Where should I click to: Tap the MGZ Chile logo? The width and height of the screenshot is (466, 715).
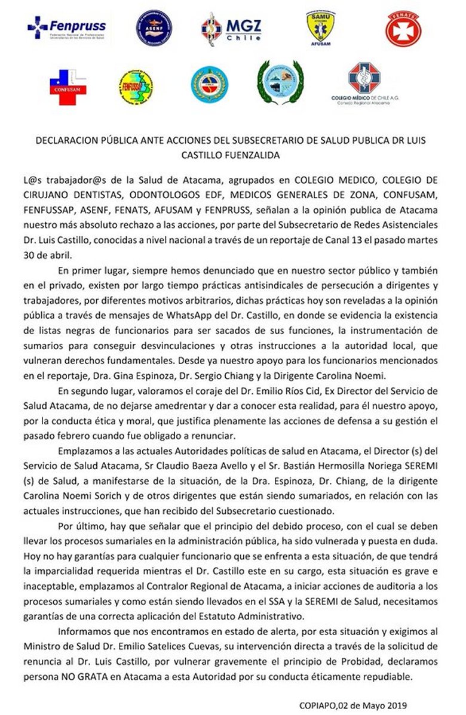pos(231,28)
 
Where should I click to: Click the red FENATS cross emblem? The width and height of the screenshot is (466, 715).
pos(403,29)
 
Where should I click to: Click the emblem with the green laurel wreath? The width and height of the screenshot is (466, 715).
pos(280,84)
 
